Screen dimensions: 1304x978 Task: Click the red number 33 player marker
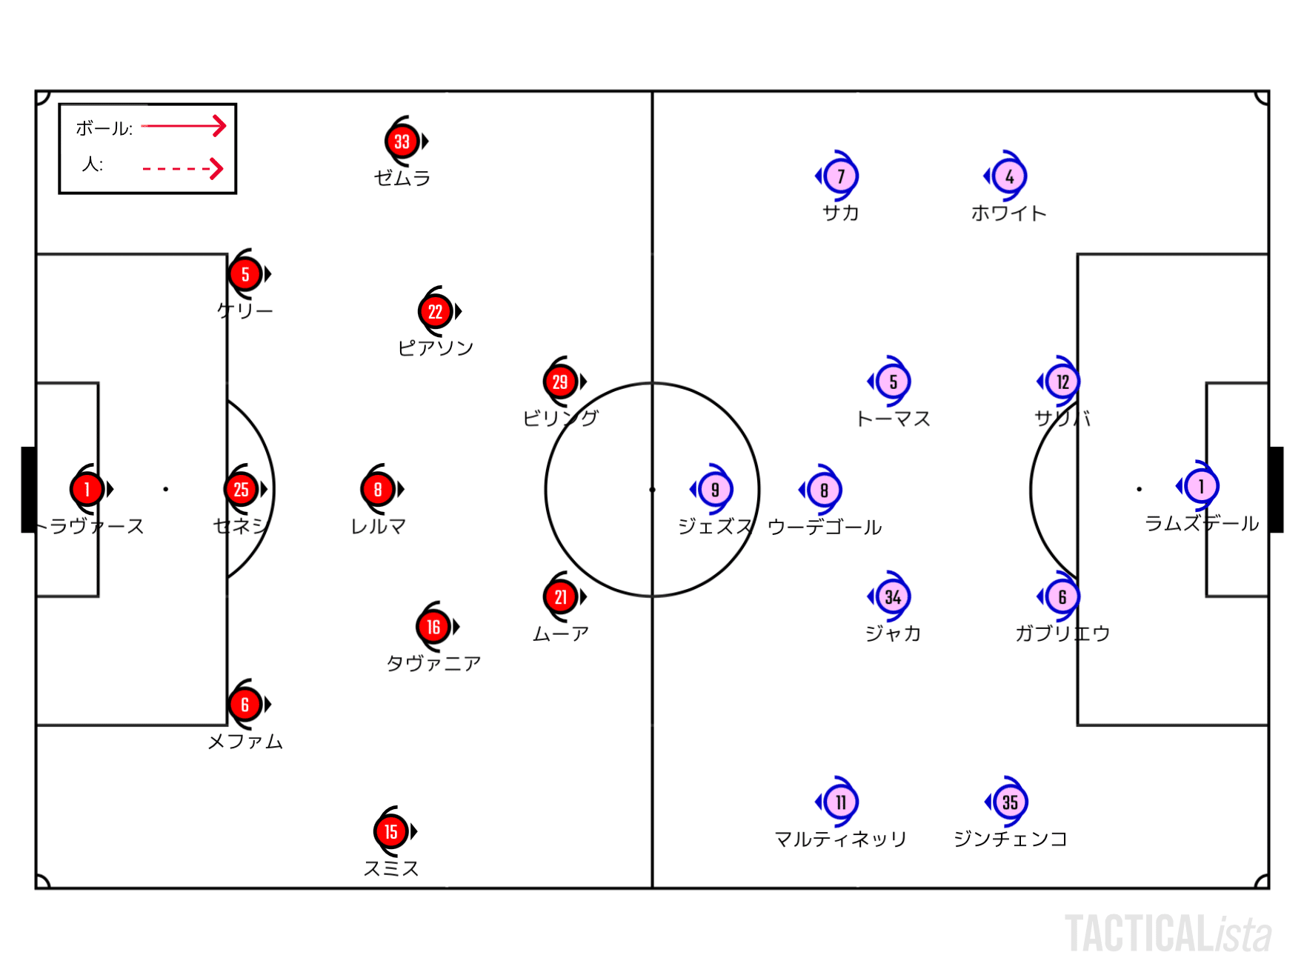pyautogui.click(x=402, y=142)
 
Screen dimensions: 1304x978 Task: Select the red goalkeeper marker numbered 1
pyautogui.click(x=87, y=489)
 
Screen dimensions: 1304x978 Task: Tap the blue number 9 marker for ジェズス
pyautogui.click(x=715, y=489)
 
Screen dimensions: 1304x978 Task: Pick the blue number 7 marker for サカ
pyautogui.click(x=840, y=176)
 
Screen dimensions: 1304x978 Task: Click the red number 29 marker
pyautogui.click(x=560, y=382)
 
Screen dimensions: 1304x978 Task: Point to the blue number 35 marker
pyautogui.click(x=1010, y=802)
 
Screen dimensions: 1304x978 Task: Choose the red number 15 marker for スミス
pyautogui.click(x=390, y=831)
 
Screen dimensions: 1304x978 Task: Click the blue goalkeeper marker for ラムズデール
pyautogui.click(x=1201, y=486)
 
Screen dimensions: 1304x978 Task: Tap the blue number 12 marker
pyautogui.click(x=1062, y=382)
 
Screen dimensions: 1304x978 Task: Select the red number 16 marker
pyautogui.click(x=433, y=627)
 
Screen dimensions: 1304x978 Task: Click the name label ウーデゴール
pyautogui.click(x=825, y=527)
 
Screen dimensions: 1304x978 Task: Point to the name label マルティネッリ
pyautogui.click(x=840, y=839)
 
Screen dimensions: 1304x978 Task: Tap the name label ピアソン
pyautogui.click(x=435, y=347)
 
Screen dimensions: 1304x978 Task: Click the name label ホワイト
pyautogui.click(x=1008, y=213)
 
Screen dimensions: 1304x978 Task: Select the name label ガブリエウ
pyautogui.click(x=1062, y=633)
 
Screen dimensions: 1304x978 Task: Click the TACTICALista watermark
pyautogui.click(x=1168, y=934)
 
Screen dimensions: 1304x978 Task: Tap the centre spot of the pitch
pyautogui.click(x=652, y=490)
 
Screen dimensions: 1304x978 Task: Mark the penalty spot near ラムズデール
pyautogui.click(x=1139, y=489)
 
